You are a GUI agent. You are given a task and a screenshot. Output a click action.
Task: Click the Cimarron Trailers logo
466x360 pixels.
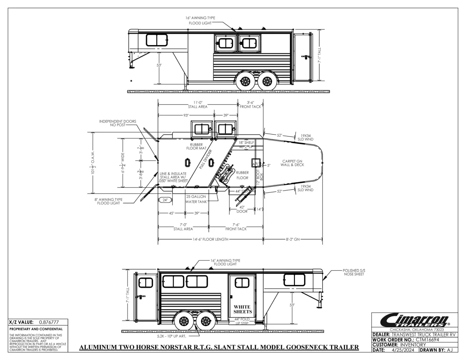(414, 320)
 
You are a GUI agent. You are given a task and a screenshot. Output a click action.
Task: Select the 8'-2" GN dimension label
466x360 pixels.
(292, 239)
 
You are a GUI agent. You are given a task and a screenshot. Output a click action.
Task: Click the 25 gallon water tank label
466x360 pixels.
(196, 199)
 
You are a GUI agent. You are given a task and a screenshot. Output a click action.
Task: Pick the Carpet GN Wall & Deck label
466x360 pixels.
(292, 163)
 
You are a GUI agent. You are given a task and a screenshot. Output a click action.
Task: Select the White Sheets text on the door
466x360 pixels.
(243, 309)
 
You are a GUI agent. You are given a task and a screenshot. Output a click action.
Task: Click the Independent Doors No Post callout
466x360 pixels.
(117, 123)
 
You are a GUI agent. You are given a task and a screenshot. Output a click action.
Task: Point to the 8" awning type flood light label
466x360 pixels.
(108, 202)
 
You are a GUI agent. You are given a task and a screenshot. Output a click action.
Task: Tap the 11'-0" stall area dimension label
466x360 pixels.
(198, 104)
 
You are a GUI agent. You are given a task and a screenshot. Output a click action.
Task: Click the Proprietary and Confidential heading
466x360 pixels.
(36, 329)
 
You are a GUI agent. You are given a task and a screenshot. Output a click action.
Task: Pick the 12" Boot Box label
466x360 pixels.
(259, 174)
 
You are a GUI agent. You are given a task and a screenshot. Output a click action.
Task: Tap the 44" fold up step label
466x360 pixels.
(242, 321)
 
